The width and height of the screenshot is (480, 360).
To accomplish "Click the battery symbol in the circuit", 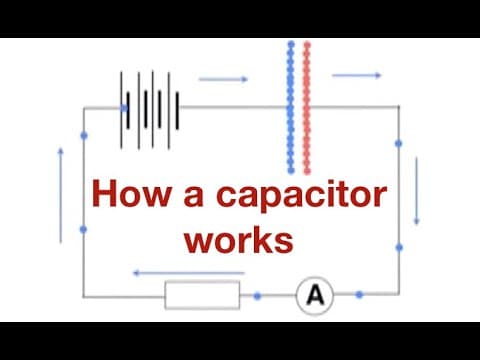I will point(151,104).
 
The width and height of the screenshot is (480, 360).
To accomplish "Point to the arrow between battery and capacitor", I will point(219,78).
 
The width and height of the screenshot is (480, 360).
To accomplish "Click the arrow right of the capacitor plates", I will point(357,75).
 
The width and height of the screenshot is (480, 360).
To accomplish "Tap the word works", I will point(244,240).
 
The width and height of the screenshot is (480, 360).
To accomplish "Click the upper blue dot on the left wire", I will point(83,135).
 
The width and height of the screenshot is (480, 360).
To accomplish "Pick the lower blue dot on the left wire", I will point(83,229).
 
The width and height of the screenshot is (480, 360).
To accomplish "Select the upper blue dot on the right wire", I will point(399,143).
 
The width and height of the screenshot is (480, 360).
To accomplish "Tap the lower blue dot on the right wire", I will point(399,246).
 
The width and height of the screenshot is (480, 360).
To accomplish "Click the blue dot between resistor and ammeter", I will point(258,296).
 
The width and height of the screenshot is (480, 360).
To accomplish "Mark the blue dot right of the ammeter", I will point(359,295).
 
